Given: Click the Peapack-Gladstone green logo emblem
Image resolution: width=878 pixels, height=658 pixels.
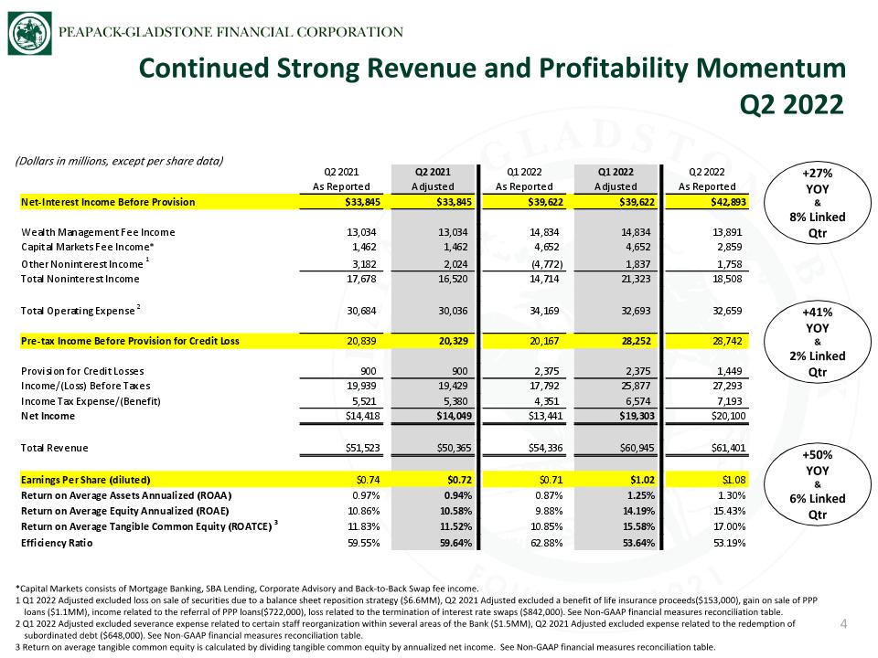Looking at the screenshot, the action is pyautogui.click(x=29, y=34).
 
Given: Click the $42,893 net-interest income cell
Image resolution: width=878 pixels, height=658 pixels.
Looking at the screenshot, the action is pyautogui.click(x=729, y=202).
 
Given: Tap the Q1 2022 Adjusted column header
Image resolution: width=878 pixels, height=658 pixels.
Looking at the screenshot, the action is pyautogui.click(x=616, y=179).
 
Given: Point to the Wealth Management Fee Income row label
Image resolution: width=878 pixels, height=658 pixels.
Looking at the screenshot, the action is pyautogui.click(x=98, y=232).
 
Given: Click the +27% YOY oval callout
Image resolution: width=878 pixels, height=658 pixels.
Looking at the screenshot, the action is pyautogui.click(x=818, y=203).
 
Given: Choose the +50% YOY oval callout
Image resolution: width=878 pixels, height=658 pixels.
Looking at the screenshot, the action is pyautogui.click(x=818, y=484).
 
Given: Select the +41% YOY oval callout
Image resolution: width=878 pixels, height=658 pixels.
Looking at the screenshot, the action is pyautogui.click(x=818, y=342).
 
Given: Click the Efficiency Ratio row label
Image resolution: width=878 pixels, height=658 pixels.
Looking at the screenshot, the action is pyautogui.click(x=57, y=543).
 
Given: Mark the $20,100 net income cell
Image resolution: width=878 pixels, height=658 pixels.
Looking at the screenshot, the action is pyautogui.click(x=729, y=416).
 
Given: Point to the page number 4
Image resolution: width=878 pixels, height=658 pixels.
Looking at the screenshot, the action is pyautogui.click(x=844, y=623).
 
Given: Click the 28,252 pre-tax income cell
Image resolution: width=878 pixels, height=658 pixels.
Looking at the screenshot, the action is pyautogui.click(x=637, y=341).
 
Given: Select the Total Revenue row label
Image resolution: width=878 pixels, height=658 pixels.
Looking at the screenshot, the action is pyautogui.click(x=54, y=448).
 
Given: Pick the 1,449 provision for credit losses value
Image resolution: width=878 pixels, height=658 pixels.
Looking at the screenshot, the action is pyautogui.click(x=729, y=371).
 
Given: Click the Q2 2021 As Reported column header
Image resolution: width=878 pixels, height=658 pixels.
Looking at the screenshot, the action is pyautogui.click(x=341, y=179).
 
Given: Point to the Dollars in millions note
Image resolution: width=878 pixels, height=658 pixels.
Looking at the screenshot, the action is pyautogui.click(x=119, y=161).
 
